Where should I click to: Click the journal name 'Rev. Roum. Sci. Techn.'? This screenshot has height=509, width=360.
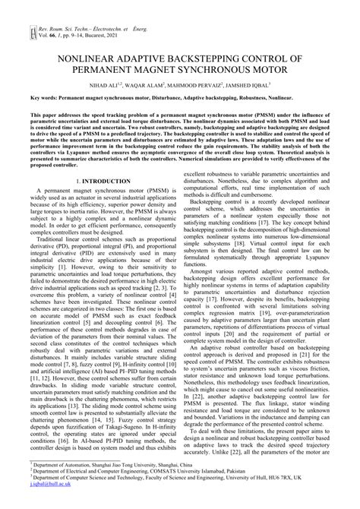(58, 6)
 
